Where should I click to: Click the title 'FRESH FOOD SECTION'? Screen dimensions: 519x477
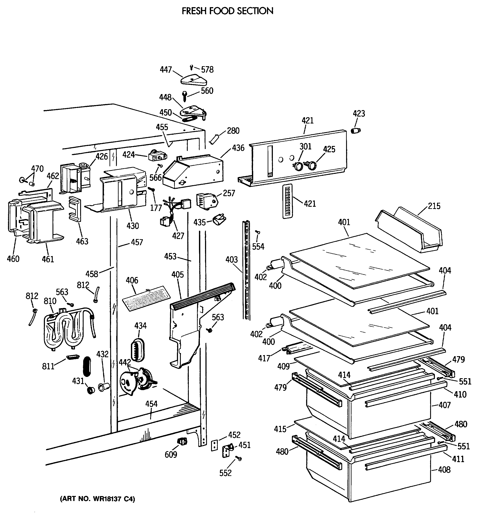[x=227, y=11]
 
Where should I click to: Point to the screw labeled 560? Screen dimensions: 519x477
[x=185, y=96]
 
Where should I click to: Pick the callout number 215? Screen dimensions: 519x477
[x=434, y=206]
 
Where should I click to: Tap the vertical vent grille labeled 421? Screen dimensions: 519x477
[x=288, y=201]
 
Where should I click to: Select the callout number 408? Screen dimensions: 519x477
[x=444, y=470]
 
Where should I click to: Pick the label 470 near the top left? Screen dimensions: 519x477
[x=37, y=169]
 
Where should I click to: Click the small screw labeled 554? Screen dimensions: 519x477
[x=257, y=232]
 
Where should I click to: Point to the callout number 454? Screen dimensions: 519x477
[x=151, y=404]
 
